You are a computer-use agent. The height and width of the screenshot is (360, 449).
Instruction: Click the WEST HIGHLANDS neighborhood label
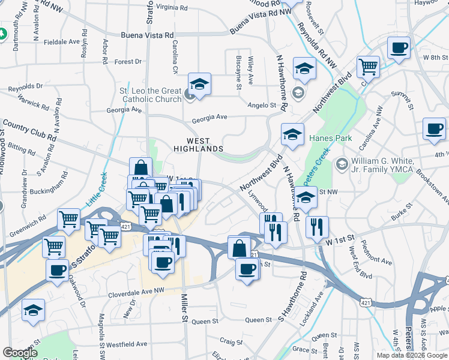pos(198,143)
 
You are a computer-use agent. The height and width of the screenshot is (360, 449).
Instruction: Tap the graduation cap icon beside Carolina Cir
pos(199,83)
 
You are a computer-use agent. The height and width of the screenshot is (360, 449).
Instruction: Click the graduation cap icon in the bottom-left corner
pos(33,310)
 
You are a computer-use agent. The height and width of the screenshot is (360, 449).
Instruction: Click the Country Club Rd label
pos(29,130)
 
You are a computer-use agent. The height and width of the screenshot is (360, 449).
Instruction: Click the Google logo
pos(20,353)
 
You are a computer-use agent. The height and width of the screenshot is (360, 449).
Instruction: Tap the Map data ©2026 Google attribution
pos(411,355)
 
